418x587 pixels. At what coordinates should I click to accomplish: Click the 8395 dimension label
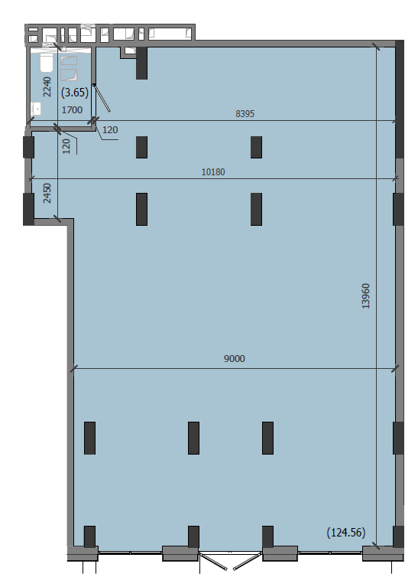[245, 113]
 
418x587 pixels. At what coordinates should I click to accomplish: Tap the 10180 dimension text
[213, 172]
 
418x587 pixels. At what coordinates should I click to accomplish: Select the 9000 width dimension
[235, 359]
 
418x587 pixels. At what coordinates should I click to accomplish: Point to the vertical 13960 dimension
[366, 295]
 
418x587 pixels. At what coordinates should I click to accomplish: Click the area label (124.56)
[346, 532]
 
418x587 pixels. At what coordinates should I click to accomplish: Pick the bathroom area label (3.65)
[75, 92]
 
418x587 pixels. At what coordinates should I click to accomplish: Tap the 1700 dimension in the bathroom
[72, 109]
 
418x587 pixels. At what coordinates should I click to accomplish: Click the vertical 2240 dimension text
[47, 86]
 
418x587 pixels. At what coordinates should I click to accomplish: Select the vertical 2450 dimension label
[47, 193]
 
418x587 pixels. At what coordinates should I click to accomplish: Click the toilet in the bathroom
[47, 63]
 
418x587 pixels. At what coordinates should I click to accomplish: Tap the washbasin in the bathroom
[36, 109]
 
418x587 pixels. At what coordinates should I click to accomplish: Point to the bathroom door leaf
[102, 98]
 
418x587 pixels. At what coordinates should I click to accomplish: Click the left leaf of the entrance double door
[214, 561]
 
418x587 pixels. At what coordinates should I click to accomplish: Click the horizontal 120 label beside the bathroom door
[110, 130]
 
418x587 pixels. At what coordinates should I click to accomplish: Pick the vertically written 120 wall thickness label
[66, 146]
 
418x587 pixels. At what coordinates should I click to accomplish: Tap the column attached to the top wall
[141, 63]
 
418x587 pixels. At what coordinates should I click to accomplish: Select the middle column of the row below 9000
[193, 438]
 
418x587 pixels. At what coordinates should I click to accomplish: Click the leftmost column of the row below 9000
[89, 438]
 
